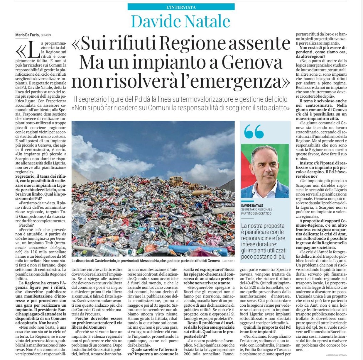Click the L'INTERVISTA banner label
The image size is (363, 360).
point(181,7)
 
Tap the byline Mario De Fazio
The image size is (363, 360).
point(27,35)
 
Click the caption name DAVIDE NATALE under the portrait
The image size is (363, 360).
point(252,206)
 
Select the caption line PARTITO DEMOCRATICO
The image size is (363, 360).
point(256,213)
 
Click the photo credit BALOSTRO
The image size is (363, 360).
point(228,261)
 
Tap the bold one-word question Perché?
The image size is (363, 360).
point(26,225)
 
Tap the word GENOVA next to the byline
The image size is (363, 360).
point(46,35)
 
